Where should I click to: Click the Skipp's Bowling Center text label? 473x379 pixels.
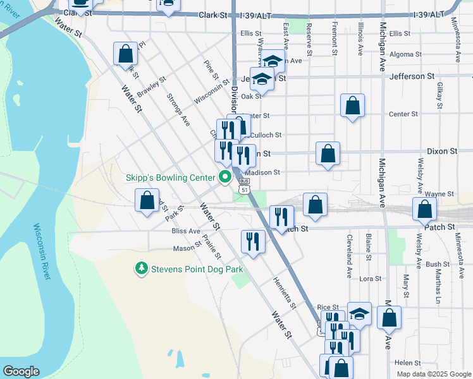tap(171, 179)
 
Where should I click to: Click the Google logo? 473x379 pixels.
tap(21, 371)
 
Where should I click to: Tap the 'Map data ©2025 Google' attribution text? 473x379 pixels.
tap(434, 374)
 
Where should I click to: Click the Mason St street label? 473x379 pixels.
tap(187, 248)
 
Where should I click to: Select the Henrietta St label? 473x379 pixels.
tap(285, 294)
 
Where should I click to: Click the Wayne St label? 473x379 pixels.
tap(439, 194)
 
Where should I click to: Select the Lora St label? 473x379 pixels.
tap(371, 279)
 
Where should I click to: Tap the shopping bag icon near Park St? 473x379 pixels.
tap(147, 202)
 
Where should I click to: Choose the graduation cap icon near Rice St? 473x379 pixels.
tap(359, 313)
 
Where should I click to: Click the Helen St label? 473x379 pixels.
tap(408, 363)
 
